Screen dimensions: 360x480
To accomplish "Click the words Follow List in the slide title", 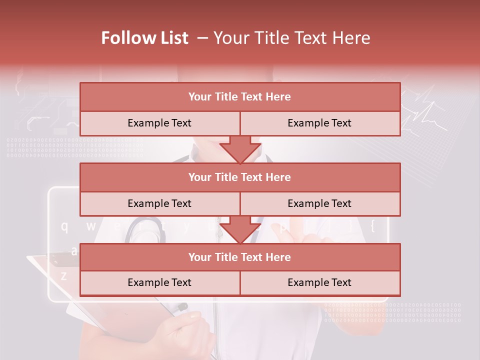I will click(x=145, y=38).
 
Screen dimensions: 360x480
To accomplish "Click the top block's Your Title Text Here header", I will click(x=239, y=97).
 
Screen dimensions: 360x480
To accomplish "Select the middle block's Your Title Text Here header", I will click(x=239, y=177).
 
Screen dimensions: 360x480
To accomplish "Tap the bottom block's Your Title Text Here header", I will click(x=239, y=257).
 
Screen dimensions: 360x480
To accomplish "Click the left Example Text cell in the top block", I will click(x=159, y=123).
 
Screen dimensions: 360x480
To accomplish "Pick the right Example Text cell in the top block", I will click(x=319, y=123).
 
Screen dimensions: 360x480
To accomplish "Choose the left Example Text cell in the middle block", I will click(x=159, y=203).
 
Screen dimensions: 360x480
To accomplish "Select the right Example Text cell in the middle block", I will click(x=319, y=203).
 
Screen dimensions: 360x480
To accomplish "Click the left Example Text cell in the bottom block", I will click(x=159, y=282).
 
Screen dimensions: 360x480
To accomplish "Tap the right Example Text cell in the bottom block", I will click(x=319, y=282).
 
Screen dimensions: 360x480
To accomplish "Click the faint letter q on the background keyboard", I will click(x=64, y=226).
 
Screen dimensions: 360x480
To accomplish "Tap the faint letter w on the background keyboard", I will click(x=90, y=226).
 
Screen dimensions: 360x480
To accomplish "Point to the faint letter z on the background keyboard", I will click(x=63, y=275).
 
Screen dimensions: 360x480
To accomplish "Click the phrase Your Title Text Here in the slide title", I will click(x=292, y=38).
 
